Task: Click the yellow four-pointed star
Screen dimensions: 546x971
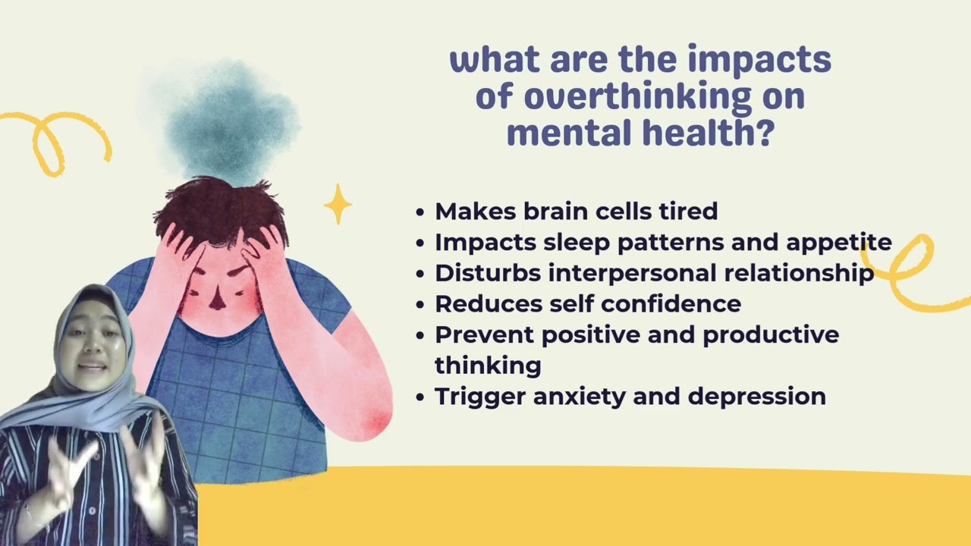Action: tap(338, 203)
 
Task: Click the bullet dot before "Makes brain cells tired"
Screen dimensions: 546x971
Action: tap(421, 212)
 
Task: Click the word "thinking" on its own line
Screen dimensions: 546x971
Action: tap(488, 366)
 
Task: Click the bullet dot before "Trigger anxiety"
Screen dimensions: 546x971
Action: tap(421, 397)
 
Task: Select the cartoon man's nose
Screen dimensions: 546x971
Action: tap(218, 300)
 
